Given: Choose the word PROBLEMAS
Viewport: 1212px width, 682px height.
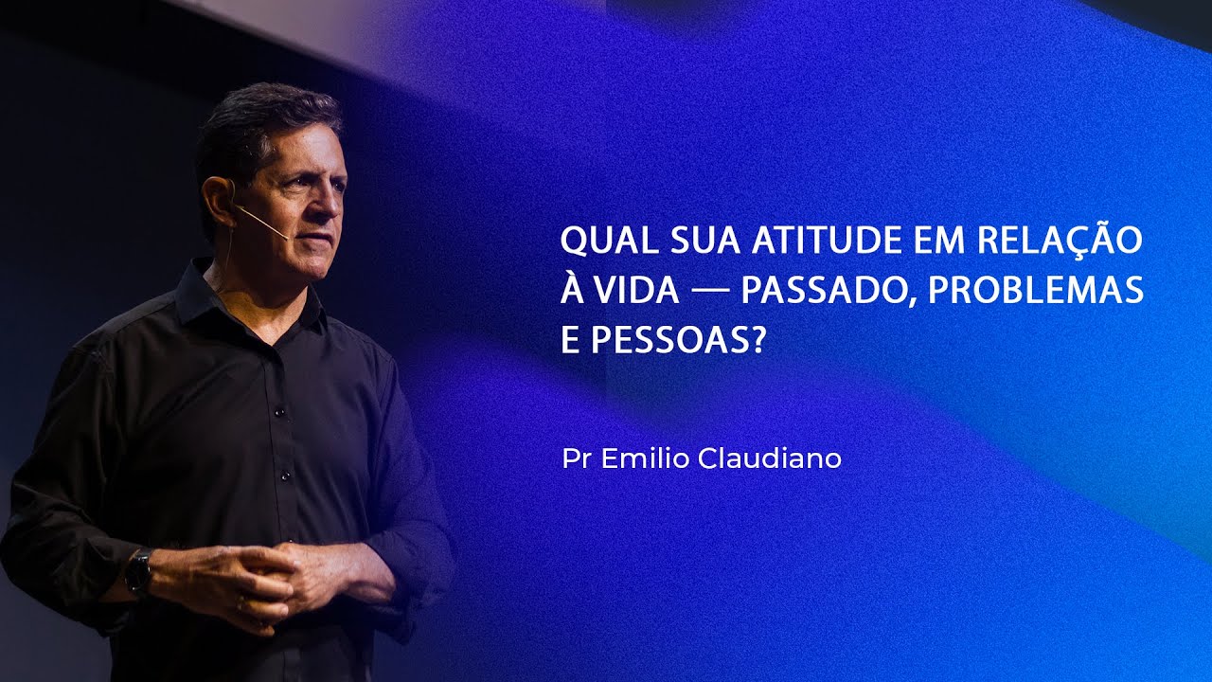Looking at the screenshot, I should click(x=1036, y=292).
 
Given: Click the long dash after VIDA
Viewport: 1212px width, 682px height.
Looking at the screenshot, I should click(x=709, y=292).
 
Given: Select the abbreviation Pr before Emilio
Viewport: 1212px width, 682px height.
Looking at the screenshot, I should click(x=574, y=459).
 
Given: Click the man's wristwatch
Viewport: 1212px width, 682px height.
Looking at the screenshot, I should click(x=139, y=571).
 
